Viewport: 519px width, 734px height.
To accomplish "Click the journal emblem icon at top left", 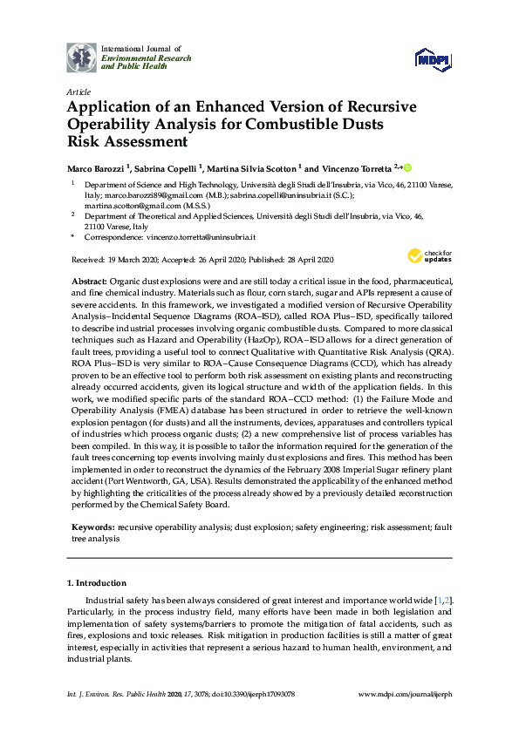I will tap(82, 57).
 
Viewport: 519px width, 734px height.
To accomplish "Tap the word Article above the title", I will tap(78, 92).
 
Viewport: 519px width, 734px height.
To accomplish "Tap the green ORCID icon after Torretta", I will tap(406, 167).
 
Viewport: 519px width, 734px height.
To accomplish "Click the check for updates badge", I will tap(424, 255).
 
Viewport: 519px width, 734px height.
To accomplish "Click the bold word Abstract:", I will tap(87, 282).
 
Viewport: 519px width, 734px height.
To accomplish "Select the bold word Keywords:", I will tap(92, 527).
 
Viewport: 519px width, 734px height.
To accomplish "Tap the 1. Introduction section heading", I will tap(97, 581).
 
